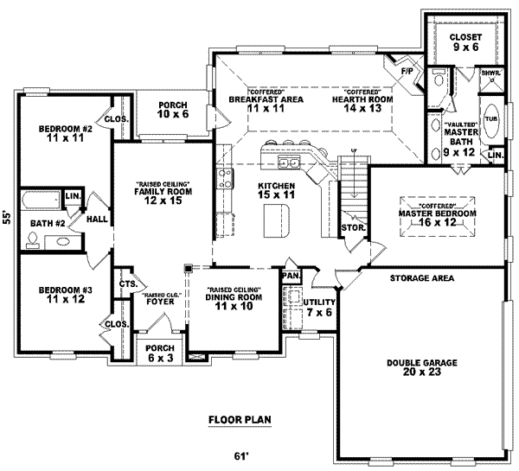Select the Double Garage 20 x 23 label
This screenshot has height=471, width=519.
pyautogui.click(x=422, y=368)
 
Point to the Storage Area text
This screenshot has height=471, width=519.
pyautogui.click(x=421, y=278)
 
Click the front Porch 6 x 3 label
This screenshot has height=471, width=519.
pyautogui.click(x=160, y=354)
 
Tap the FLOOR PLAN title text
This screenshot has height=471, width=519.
pyautogui.click(x=240, y=421)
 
